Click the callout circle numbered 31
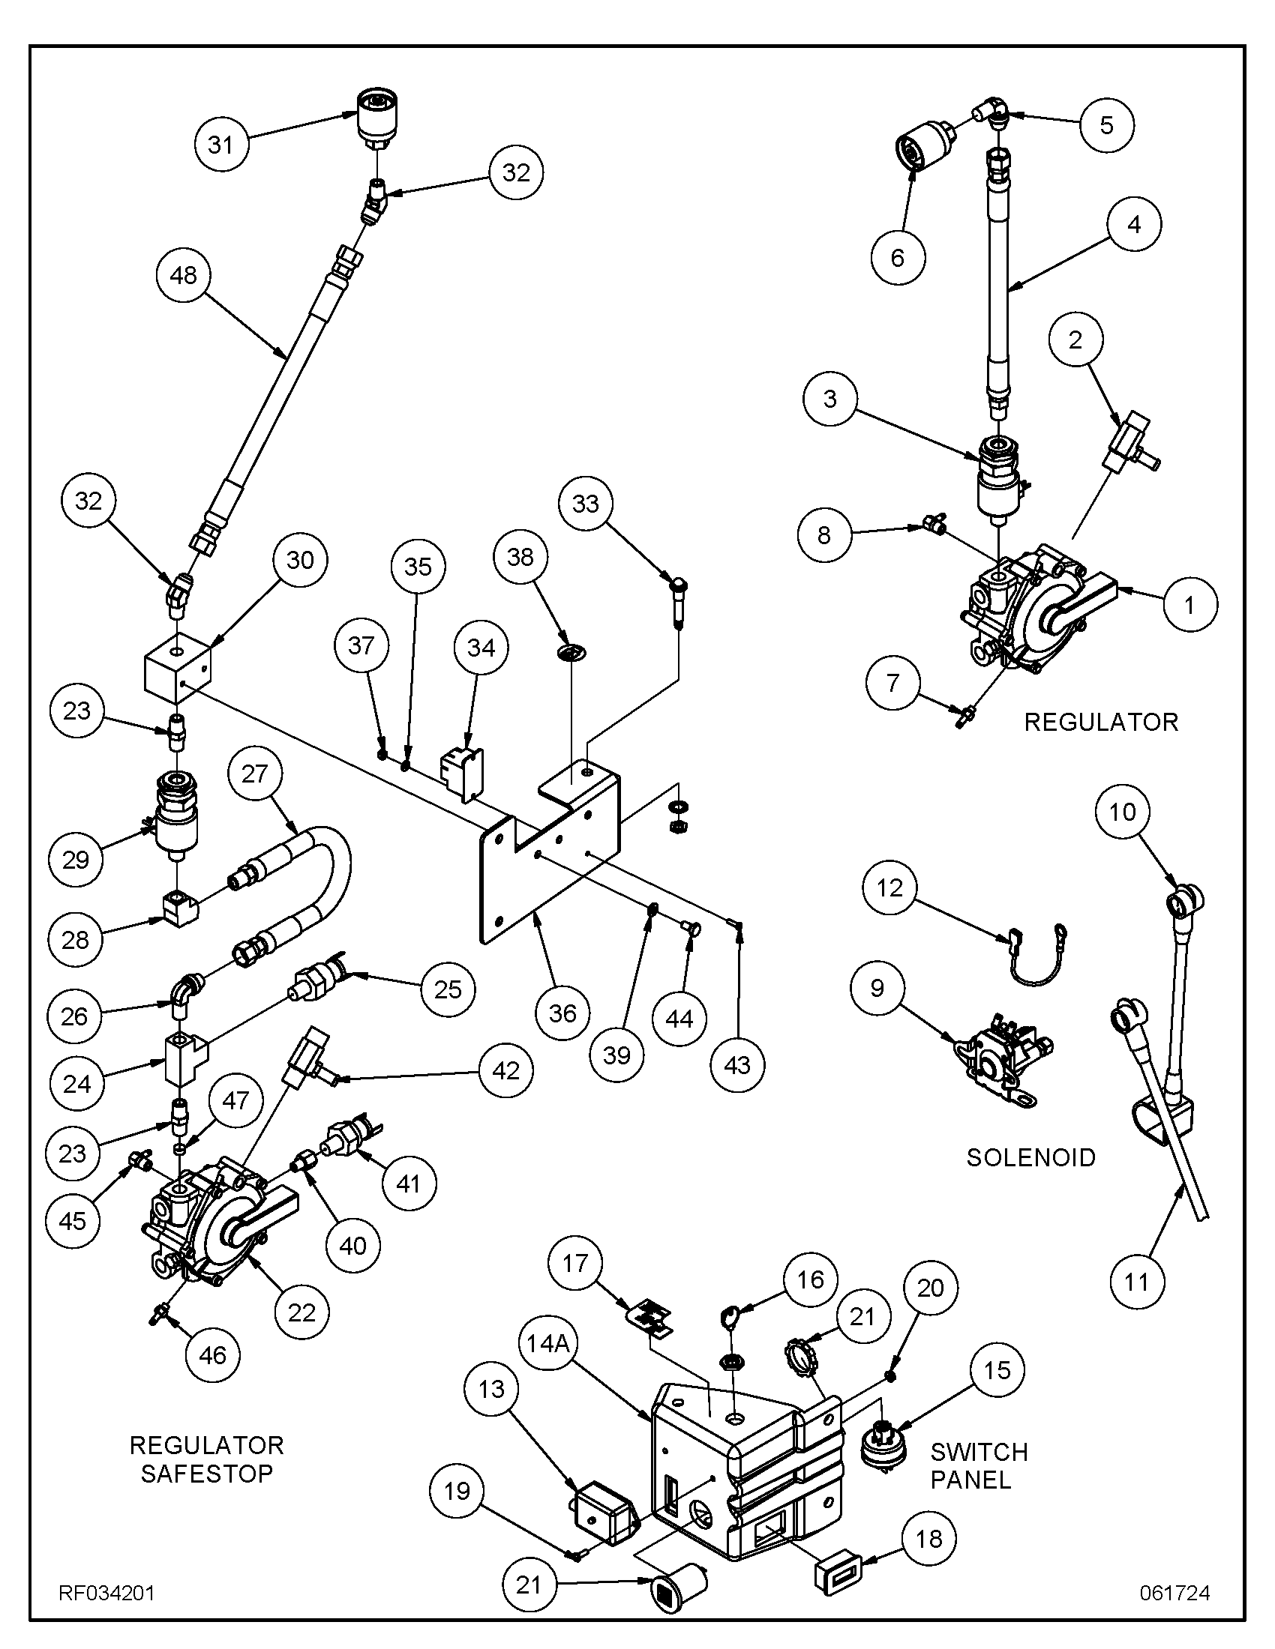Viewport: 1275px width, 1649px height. pos(220,144)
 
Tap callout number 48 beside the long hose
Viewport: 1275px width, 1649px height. pos(184,275)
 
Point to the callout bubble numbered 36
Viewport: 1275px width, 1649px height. pos(562,1013)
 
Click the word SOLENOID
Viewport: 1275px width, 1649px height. pos(1031,1157)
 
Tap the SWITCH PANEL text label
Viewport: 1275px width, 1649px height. pos(979,1465)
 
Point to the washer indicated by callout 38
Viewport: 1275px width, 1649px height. pos(571,650)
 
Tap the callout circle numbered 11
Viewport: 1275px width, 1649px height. pos(1137,1281)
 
